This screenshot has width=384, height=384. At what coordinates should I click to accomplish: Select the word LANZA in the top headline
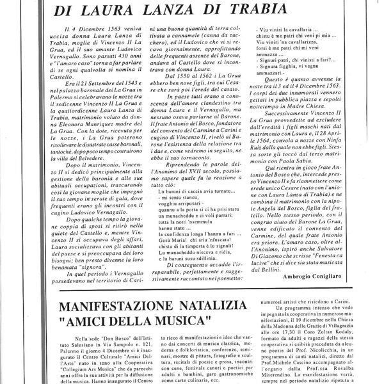point(188,10)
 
